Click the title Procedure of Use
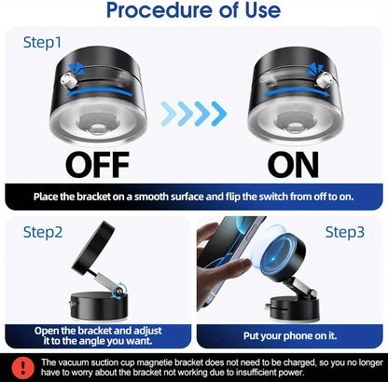194,12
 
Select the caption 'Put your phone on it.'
289,336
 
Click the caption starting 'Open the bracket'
97,335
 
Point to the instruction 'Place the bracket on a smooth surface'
194,197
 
